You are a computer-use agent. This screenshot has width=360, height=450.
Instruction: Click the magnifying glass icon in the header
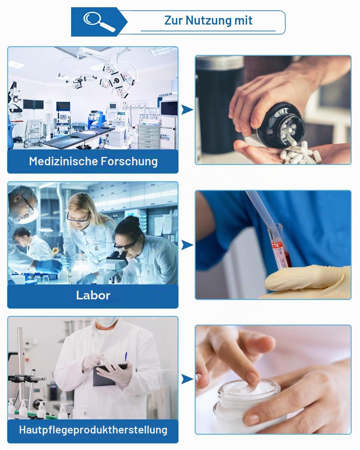coord(99,22)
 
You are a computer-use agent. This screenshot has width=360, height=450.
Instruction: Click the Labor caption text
coord(93,295)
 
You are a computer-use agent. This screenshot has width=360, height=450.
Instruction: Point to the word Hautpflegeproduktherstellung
coord(93,430)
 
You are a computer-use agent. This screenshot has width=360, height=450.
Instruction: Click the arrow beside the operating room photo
coord(187,109)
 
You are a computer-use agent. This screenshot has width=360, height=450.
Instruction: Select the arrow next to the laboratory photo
coord(187,245)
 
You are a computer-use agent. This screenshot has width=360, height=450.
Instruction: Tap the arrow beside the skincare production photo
coord(187,379)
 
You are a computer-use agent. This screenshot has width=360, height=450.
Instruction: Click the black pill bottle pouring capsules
coord(280,125)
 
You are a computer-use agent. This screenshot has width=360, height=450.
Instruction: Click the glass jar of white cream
coord(247,407)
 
